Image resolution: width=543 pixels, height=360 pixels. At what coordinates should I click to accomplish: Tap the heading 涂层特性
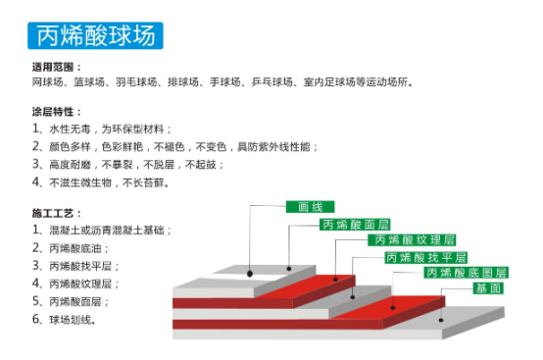tap(57, 112)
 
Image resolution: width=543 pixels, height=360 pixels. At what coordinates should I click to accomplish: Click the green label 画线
tap(310, 207)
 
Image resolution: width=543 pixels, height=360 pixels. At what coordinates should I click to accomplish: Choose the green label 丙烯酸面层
tap(355, 224)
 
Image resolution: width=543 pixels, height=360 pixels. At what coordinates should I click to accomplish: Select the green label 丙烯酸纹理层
tap(412, 239)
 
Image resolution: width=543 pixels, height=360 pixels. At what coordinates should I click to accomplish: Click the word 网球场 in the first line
tap(45, 83)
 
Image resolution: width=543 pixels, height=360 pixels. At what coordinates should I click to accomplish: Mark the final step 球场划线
tap(73, 320)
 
